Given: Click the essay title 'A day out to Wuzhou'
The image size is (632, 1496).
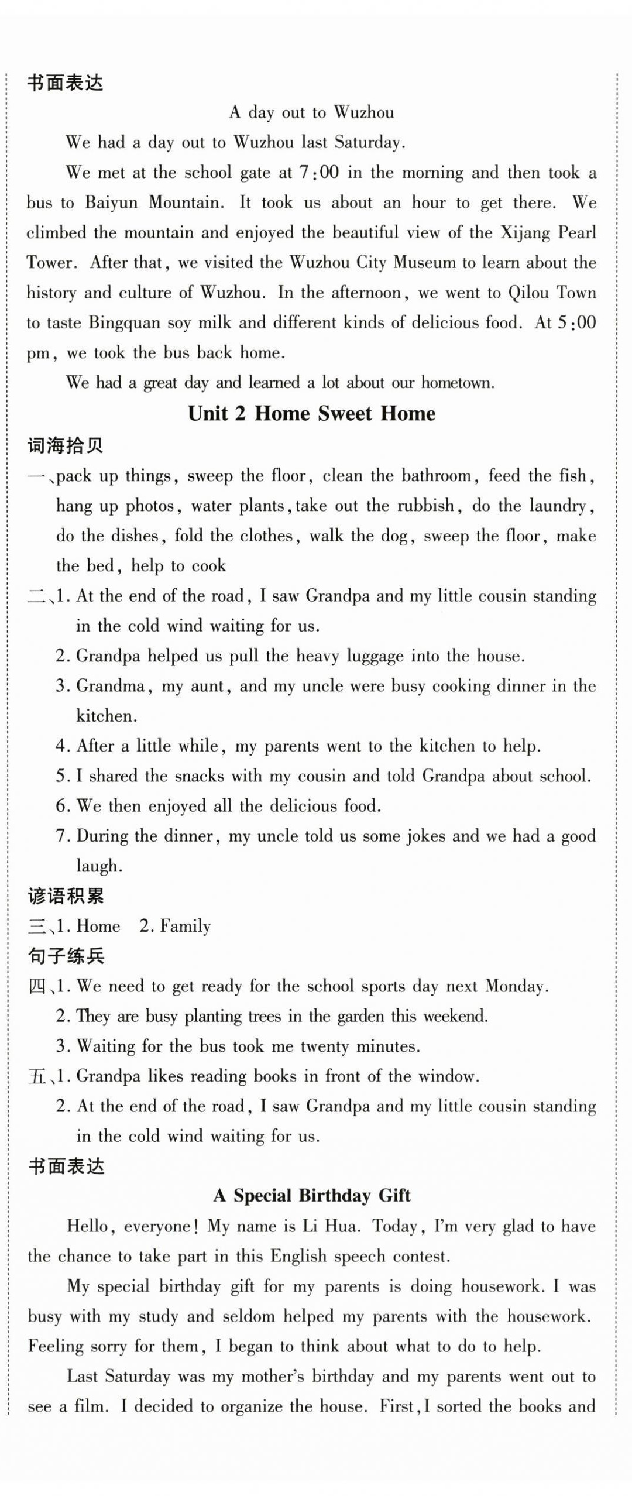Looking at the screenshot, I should point(311,112).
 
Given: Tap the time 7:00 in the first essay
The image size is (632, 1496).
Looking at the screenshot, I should point(319,173).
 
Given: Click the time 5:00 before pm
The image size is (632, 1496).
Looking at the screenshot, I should point(576,323).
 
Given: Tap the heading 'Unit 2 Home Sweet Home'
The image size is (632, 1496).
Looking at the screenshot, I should point(311,414).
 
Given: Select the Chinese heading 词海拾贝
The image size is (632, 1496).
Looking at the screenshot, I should point(66,446).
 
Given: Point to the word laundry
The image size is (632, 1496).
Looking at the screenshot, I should point(559,506).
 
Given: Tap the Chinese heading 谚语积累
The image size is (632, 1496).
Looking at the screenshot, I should point(66,897).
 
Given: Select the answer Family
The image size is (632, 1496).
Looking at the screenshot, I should point(185,927).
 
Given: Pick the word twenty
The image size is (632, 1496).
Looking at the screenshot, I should point(325,1046).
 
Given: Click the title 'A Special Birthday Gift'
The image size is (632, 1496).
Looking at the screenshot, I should point(312,1196).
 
